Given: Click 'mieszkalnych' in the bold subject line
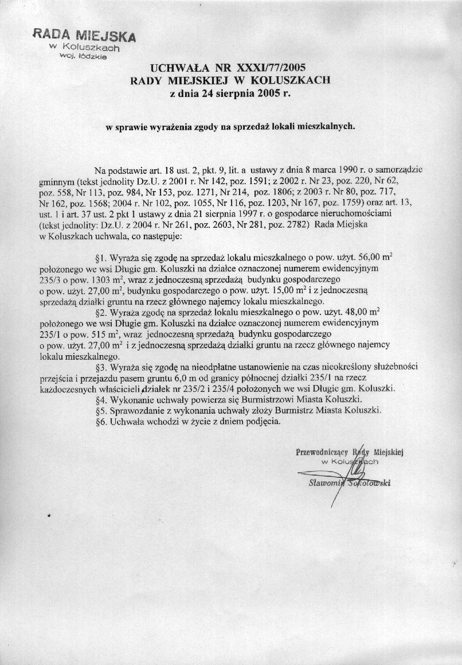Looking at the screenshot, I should (325, 127).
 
